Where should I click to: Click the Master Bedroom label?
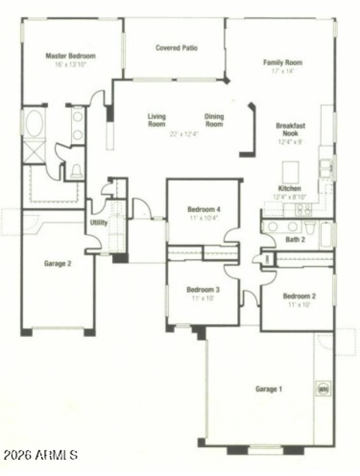(x=71, y=56)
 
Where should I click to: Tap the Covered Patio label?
(x=176, y=48)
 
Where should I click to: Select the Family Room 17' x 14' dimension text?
(x=282, y=71)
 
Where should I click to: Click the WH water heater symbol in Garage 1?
(x=323, y=388)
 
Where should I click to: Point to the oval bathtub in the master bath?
(x=34, y=123)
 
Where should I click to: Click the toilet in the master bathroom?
(x=77, y=171)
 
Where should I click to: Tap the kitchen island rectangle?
(x=290, y=171)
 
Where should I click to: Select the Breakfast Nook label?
(x=290, y=129)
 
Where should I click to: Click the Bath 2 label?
(x=295, y=240)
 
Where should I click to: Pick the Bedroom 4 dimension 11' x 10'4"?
(x=203, y=218)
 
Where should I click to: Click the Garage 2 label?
(x=57, y=264)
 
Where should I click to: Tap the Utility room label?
(x=99, y=223)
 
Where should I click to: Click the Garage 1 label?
(x=269, y=389)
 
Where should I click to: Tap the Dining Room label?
(x=214, y=120)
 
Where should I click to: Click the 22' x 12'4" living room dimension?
(x=184, y=134)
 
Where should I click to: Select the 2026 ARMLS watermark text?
(x=40, y=454)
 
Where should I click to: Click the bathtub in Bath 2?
(x=326, y=235)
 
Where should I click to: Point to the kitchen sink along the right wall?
(x=326, y=169)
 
